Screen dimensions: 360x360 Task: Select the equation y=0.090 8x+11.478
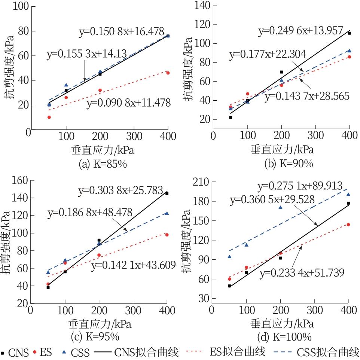(x=128, y=103)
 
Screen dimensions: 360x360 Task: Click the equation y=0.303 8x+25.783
(x=120, y=191)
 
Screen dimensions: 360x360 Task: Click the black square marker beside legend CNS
(x=3, y=352)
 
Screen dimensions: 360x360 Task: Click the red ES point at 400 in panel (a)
(x=168, y=73)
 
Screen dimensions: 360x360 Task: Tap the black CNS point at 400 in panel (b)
(x=349, y=33)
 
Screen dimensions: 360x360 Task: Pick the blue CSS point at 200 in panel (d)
(x=280, y=207)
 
